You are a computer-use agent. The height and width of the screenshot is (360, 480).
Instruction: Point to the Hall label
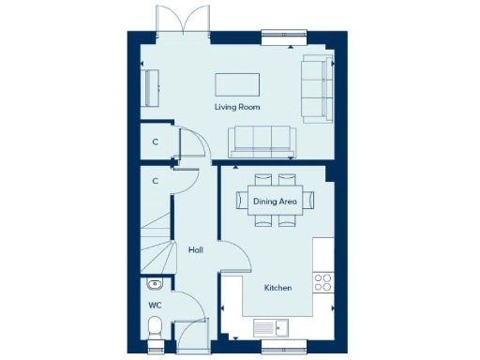196,250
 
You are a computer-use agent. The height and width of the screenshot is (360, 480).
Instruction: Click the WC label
155,305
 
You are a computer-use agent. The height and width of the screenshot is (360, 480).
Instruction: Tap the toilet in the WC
157,327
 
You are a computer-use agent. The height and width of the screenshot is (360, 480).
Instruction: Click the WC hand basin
155,284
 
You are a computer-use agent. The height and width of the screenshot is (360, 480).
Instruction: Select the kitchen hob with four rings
325,281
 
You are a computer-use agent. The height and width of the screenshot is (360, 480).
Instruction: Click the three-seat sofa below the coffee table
262,140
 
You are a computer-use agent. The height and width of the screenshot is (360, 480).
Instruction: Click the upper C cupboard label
155,142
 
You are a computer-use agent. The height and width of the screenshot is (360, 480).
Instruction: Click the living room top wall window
283,36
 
